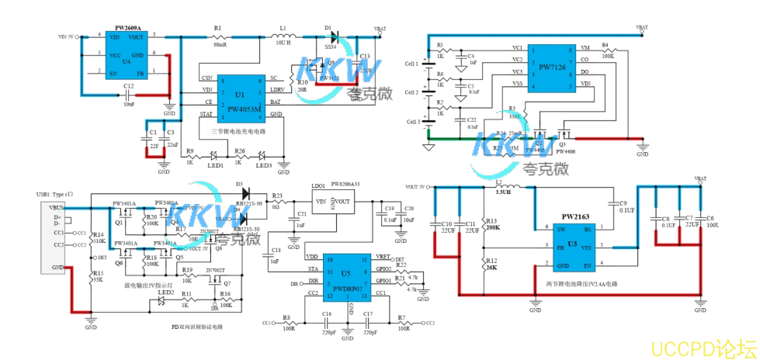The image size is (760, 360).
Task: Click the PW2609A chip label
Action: (128, 27)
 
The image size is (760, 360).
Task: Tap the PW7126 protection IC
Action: (552, 67)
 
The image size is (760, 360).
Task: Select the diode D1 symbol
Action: (331, 36)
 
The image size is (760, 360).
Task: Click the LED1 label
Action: (216, 165)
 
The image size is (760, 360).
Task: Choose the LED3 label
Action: (264, 165)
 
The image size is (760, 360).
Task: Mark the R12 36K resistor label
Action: (491, 265)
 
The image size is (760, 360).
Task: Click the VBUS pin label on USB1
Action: (57, 207)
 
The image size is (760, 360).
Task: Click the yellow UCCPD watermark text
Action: (703, 345)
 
